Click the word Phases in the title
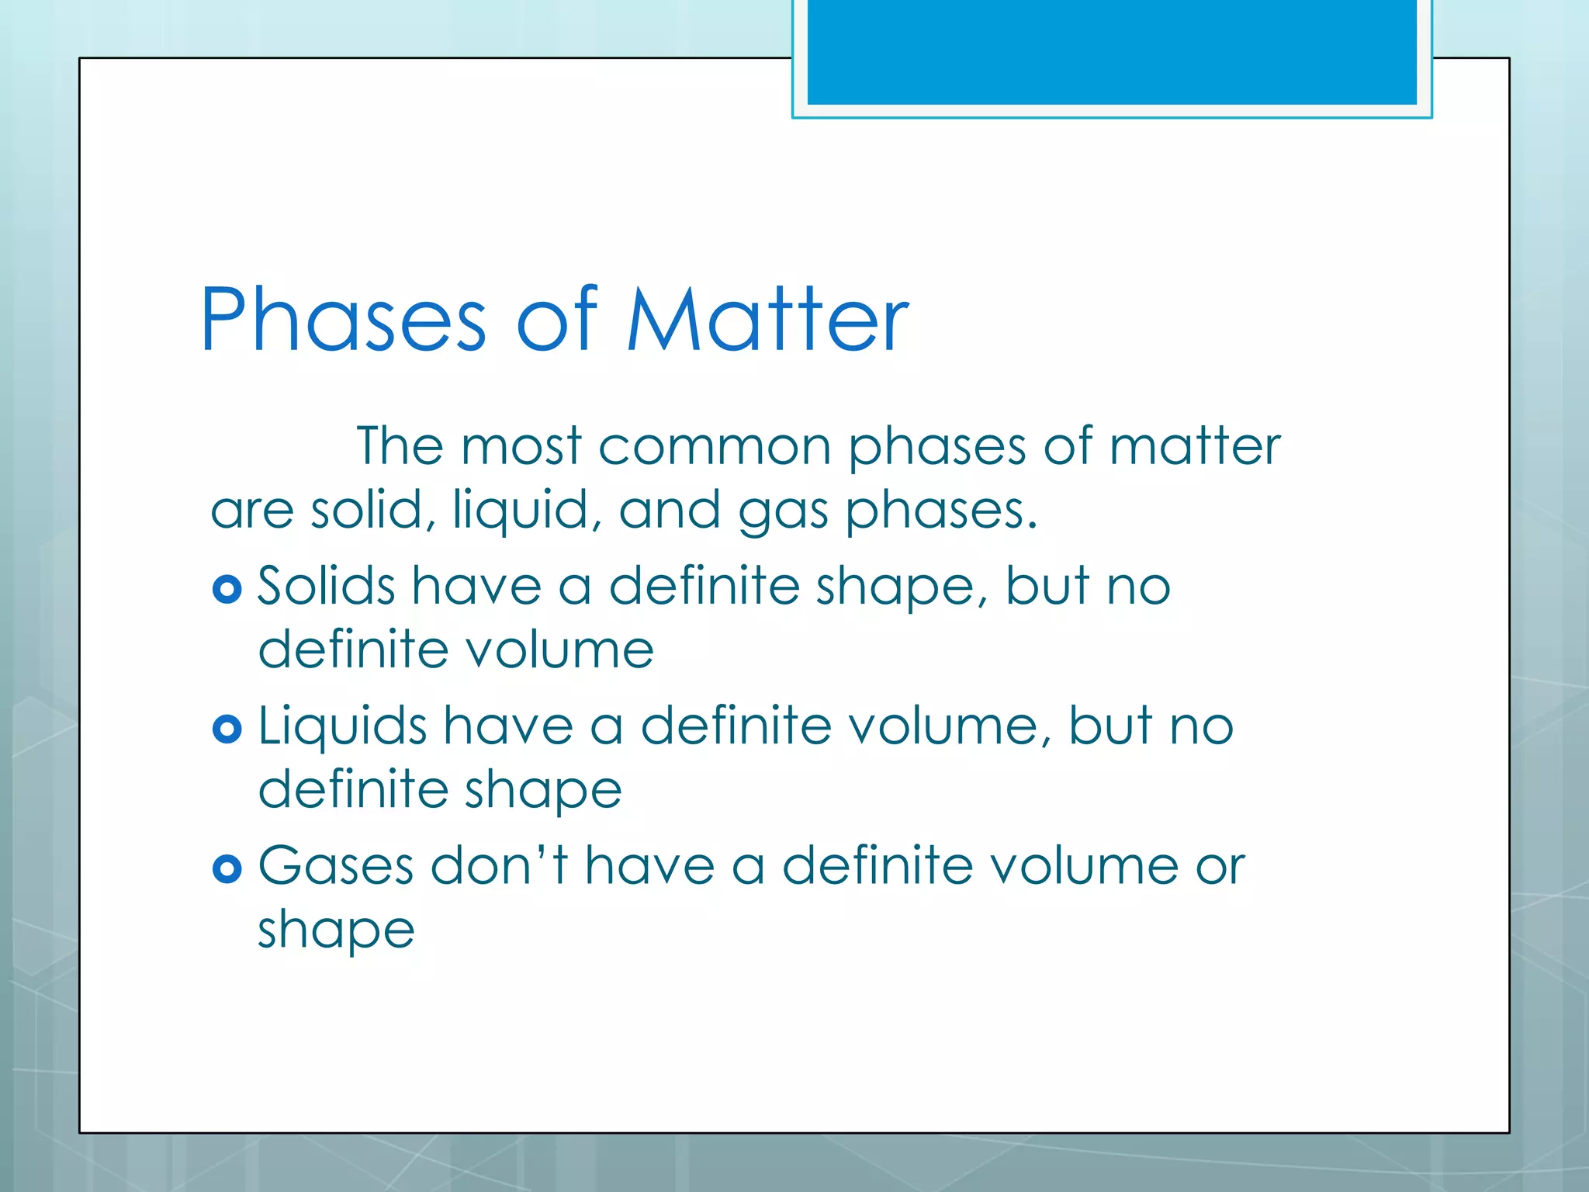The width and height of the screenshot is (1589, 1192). pyautogui.click(x=342, y=320)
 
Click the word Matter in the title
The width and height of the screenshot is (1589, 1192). pyautogui.click(x=767, y=320)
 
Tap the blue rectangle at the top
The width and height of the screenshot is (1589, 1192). pyautogui.click(x=1111, y=52)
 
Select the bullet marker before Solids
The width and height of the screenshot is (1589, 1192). pyautogui.click(x=227, y=590)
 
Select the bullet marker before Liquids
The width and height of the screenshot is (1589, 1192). pyautogui.click(x=227, y=729)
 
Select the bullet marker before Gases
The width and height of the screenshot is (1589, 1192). pyautogui.click(x=227, y=869)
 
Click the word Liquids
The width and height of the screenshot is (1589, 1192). pyautogui.click(x=342, y=726)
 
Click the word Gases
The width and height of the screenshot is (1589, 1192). pyautogui.click(x=336, y=866)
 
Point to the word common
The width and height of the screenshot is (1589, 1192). pyautogui.click(x=714, y=447)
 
